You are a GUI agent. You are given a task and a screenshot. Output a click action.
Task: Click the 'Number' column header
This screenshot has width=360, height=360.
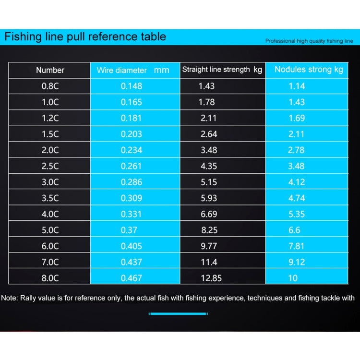pyautogui.click(x=50, y=70)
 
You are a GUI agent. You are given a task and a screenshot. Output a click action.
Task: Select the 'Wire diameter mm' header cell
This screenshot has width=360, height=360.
pyautogui.click(x=133, y=70)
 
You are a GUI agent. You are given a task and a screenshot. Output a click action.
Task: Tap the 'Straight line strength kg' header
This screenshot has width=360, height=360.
pyautogui.click(x=222, y=70)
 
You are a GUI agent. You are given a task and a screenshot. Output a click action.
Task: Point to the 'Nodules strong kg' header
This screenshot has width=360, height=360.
pyautogui.click(x=309, y=70)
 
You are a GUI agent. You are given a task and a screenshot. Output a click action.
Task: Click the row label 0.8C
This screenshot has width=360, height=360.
pyautogui.click(x=50, y=86)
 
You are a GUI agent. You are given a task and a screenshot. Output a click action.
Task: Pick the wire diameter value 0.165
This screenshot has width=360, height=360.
pyautogui.click(x=131, y=102)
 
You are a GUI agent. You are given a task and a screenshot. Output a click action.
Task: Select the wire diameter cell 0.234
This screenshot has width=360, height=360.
pyautogui.click(x=131, y=150)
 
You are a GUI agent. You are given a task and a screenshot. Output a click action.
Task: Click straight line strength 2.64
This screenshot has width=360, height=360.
pyautogui.click(x=209, y=134)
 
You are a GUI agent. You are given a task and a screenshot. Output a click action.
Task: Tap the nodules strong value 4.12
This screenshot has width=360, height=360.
pyautogui.click(x=296, y=182)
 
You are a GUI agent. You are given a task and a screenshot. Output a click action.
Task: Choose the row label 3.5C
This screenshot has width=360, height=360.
pyautogui.click(x=50, y=198)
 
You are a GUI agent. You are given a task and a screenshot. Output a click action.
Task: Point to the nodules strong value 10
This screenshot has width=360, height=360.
pyautogui.click(x=293, y=278)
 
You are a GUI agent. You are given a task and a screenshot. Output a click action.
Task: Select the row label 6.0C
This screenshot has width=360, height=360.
pyautogui.click(x=50, y=246)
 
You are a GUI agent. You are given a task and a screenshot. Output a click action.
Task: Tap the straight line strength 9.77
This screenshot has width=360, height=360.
pyautogui.click(x=209, y=246)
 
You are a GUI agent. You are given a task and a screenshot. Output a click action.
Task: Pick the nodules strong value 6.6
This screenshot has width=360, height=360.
pyautogui.click(x=294, y=230)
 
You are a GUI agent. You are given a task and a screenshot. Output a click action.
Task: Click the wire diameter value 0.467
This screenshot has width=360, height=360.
pyautogui.click(x=131, y=278)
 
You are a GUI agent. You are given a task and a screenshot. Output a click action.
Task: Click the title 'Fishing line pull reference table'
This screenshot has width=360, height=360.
pyautogui.click(x=85, y=36)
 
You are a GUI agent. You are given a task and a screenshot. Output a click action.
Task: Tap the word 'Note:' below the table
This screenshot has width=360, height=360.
pyautogui.click(x=10, y=298)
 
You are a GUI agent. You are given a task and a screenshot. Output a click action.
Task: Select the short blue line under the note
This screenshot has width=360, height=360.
pyautogui.click(x=178, y=313)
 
